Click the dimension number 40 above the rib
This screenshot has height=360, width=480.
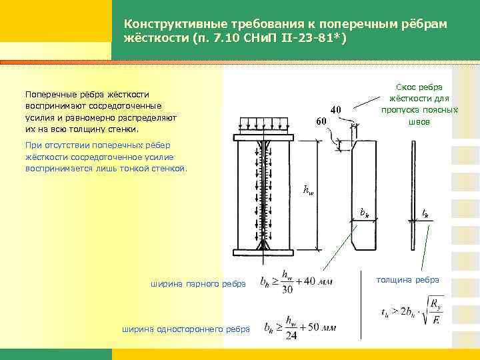pos(337,110)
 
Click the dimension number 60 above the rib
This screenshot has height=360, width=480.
pos(321,121)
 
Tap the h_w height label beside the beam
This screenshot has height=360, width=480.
pos(307,192)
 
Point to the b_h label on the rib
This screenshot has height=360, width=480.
pos(364,213)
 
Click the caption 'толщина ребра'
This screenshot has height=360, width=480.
pos(408,279)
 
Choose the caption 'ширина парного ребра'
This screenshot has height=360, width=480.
pos(199,285)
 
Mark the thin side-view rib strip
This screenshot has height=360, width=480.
pos(415,193)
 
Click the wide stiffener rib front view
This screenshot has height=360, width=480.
pos(365,193)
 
